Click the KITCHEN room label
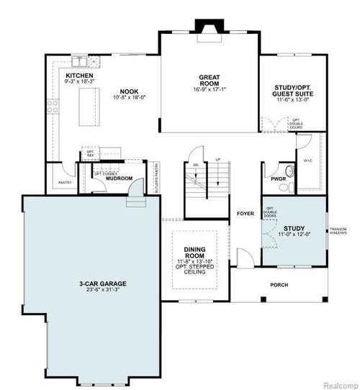80,75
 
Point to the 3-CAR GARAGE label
89,284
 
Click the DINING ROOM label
194,253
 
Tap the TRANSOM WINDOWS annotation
338,232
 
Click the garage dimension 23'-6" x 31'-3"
89,291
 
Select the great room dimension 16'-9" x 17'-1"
210,89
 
